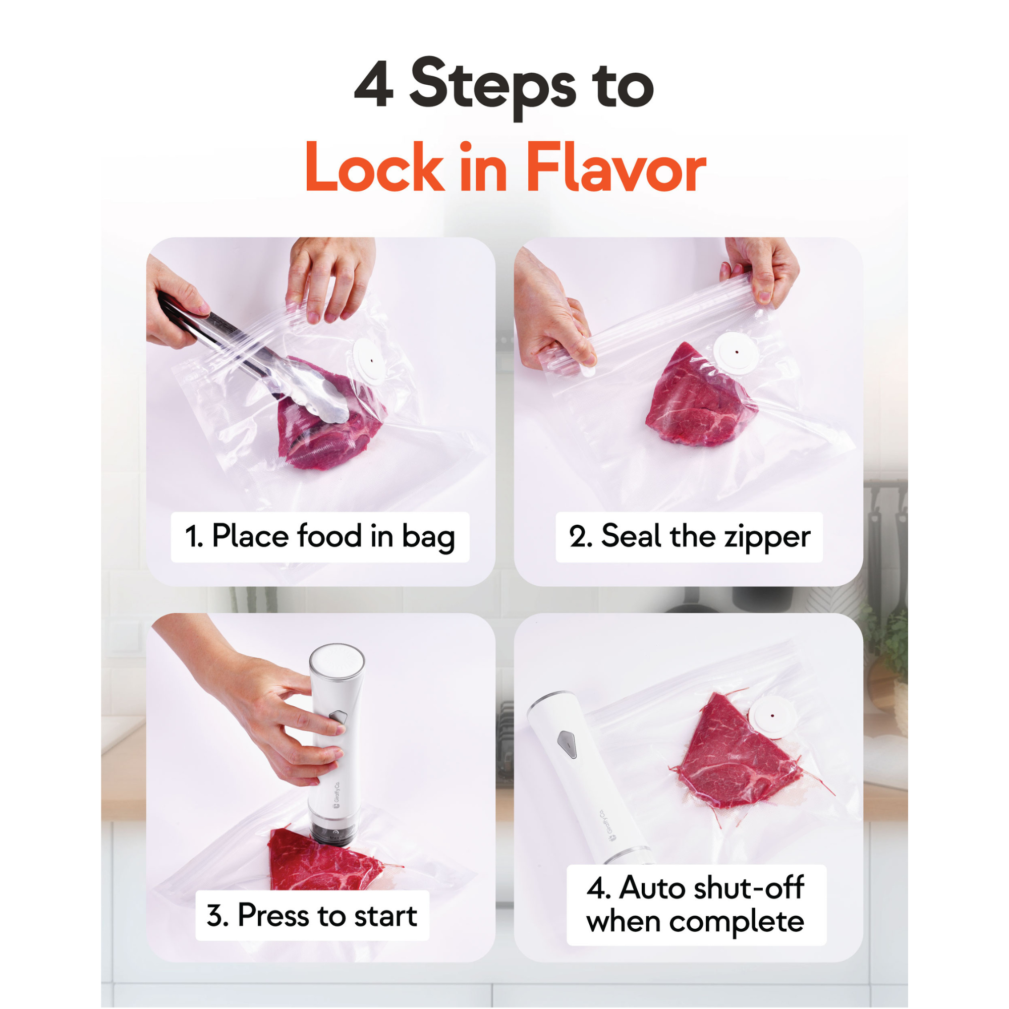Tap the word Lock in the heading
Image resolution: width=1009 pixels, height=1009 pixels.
pos(374,167)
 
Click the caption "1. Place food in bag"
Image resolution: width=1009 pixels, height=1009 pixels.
pos(320,537)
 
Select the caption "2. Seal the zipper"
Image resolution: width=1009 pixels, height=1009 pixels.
pos(690,536)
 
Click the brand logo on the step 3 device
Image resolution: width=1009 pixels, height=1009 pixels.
pos(337,795)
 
